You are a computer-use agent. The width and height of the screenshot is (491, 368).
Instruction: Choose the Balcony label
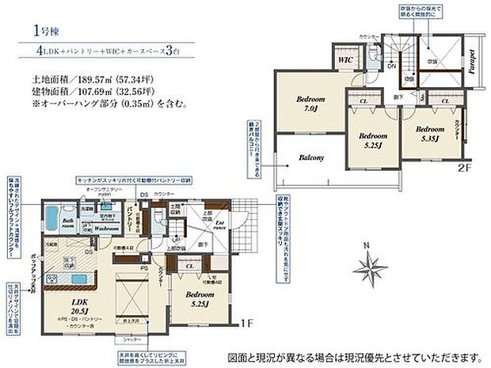point(311,157)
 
